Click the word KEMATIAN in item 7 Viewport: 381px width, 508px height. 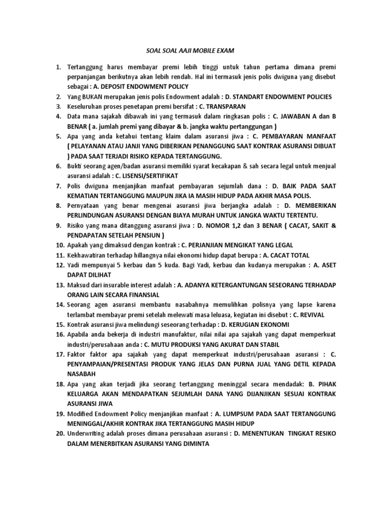click(84, 195)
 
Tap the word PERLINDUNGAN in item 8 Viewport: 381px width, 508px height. click(93, 215)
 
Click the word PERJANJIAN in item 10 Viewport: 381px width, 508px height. click(209, 245)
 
